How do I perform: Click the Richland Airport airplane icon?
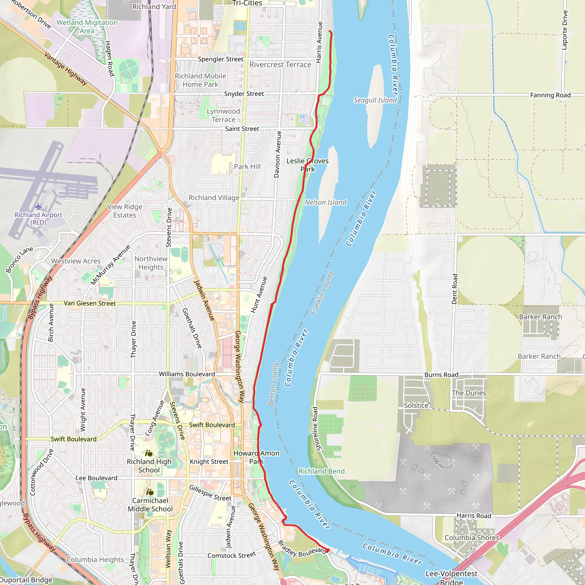(x=38, y=207)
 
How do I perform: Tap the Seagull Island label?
(x=375, y=100)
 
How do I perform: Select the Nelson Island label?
(x=326, y=202)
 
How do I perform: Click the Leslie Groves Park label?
(x=307, y=165)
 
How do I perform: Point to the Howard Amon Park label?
(x=256, y=457)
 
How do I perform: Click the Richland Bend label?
(x=322, y=471)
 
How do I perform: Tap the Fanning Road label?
(x=550, y=95)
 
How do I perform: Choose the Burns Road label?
(x=441, y=374)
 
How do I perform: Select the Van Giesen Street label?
(x=90, y=303)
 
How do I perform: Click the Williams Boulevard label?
(x=187, y=374)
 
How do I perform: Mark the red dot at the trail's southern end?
(x=328, y=550)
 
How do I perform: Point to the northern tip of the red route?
(x=330, y=31)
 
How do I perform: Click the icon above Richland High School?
(x=149, y=453)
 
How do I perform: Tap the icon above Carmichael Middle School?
(x=150, y=492)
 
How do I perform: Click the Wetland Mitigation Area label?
(x=87, y=27)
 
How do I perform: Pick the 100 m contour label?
(x=438, y=462)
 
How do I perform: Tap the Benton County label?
(x=273, y=384)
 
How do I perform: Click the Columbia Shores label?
(x=471, y=538)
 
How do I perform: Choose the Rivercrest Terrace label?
(x=280, y=65)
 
